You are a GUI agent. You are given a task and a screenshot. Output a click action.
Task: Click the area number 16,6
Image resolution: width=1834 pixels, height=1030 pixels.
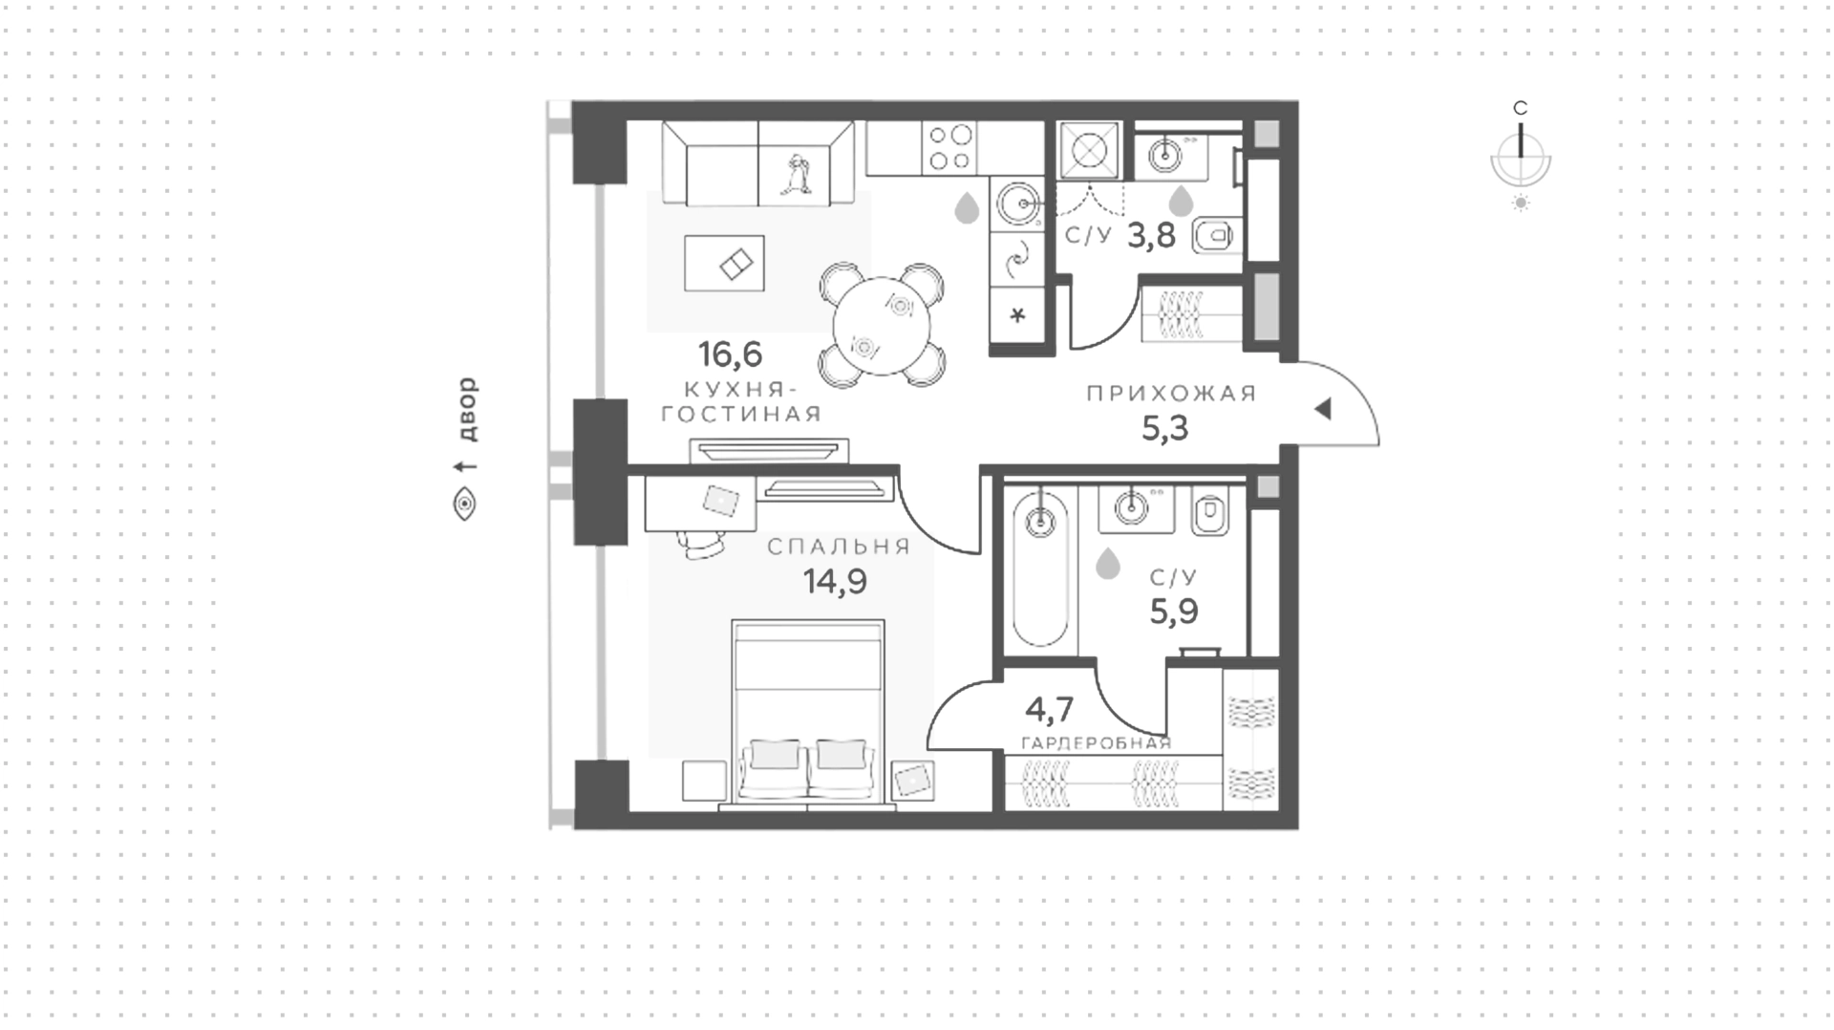(731, 354)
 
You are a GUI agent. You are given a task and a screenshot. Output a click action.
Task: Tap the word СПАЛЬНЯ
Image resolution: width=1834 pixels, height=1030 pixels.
(839, 547)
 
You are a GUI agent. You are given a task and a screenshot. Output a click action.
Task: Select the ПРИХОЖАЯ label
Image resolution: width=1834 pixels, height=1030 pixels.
(1171, 394)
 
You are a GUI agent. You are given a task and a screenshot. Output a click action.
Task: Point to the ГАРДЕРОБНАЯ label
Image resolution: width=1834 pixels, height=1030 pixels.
(1096, 743)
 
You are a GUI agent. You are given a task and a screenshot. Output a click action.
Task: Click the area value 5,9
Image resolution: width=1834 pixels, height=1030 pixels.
(1174, 612)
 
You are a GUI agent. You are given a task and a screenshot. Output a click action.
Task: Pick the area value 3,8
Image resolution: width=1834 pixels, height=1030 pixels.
(1151, 234)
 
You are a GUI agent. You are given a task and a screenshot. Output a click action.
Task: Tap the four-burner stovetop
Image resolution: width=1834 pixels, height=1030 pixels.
(949, 148)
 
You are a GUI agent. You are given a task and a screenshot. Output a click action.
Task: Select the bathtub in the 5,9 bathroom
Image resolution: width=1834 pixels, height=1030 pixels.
(1039, 569)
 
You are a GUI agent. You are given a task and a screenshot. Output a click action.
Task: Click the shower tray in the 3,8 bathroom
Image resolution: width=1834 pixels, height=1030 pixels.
(1089, 151)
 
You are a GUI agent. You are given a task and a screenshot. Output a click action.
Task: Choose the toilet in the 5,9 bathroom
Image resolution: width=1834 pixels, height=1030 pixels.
(1210, 512)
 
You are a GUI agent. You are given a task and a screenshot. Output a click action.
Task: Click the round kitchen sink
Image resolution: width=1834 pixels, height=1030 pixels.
(1018, 204)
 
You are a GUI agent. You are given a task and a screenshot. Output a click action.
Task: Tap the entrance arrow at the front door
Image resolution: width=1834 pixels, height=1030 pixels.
(1323, 409)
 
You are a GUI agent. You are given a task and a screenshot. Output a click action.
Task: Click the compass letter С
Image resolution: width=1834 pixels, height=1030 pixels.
(1521, 108)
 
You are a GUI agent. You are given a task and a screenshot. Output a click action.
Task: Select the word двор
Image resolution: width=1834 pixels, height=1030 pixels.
(465, 409)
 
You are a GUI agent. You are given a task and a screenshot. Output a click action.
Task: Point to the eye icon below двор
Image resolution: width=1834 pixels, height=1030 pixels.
(464, 504)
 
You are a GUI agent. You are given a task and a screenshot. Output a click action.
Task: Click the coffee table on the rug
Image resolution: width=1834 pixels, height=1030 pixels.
(724, 264)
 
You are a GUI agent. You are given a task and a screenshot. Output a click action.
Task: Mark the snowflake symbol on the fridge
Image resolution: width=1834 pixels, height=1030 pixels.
(1018, 314)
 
